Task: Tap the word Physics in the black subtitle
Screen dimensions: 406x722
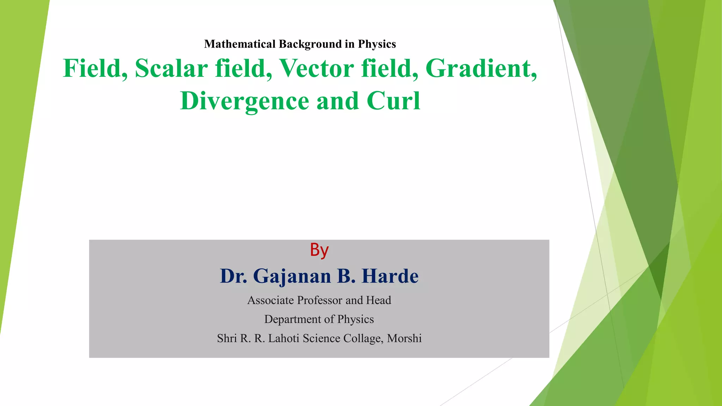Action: point(377,44)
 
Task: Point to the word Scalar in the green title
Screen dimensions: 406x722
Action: point(171,68)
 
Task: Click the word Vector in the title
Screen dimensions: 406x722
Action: point(317,68)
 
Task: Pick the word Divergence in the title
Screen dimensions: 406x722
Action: point(245,101)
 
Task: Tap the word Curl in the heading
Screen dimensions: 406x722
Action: point(393,101)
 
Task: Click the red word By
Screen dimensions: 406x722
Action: point(319,250)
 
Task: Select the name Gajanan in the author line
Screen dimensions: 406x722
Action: point(292,276)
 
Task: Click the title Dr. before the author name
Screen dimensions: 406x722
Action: point(233,276)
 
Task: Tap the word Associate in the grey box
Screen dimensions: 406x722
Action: point(270,300)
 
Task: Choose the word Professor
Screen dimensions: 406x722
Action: point(320,300)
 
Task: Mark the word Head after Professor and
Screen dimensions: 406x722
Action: point(379,300)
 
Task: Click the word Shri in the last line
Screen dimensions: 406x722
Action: point(227,338)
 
